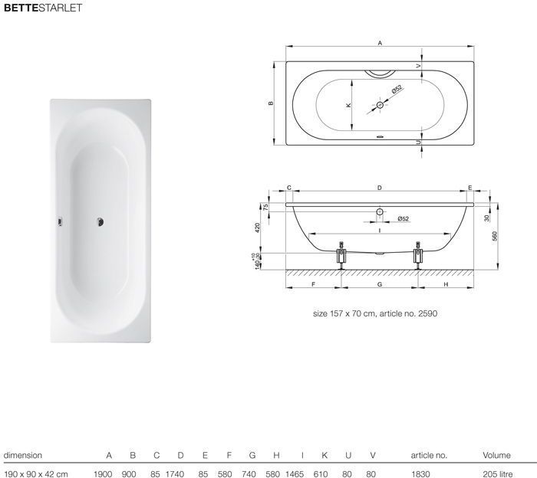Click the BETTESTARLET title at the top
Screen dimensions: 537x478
(43, 8)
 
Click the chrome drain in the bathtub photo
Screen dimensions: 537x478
(100, 222)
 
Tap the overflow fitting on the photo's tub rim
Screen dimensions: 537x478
(60, 222)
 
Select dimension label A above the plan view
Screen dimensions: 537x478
(380, 43)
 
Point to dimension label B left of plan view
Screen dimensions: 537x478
(271, 103)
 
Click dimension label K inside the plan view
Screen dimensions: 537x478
(348, 105)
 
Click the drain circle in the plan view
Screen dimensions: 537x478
(380, 105)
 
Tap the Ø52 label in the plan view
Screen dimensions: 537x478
(397, 90)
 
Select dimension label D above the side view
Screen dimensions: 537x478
(380, 188)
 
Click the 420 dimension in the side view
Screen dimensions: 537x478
(258, 227)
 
